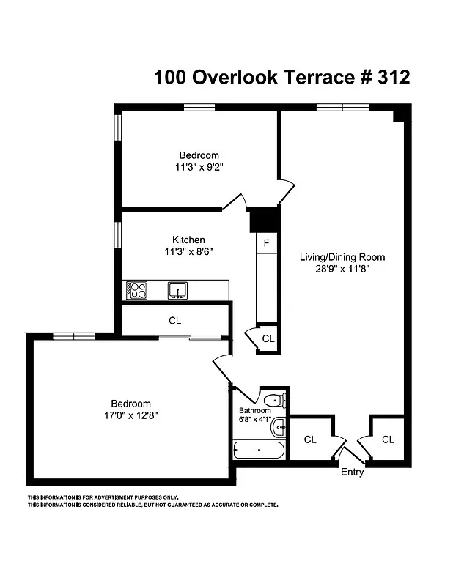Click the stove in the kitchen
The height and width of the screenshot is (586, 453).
point(136,291)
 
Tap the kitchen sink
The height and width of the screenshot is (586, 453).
point(177,291)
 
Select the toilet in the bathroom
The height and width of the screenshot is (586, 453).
point(274,401)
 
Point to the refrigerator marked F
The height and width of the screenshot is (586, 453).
point(267,242)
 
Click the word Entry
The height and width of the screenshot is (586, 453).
point(352,472)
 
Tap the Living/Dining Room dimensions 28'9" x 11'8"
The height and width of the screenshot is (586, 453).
point(342,269)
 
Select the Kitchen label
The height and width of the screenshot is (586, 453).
point(188,240)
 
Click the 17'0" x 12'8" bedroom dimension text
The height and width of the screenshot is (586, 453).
point(130,415)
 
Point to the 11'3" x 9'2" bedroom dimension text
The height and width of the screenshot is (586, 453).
point(199,167)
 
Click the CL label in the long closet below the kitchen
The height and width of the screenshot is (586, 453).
point(174,321)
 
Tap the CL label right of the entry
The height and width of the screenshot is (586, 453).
point(388,439)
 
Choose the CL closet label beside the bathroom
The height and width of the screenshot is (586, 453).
point(310,439)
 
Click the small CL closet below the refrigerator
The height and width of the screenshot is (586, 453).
point(268,338)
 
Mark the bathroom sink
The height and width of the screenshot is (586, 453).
point(279,427)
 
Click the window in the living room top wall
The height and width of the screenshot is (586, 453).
point(342,108)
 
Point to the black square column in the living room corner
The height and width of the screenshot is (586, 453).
point(399,115)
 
